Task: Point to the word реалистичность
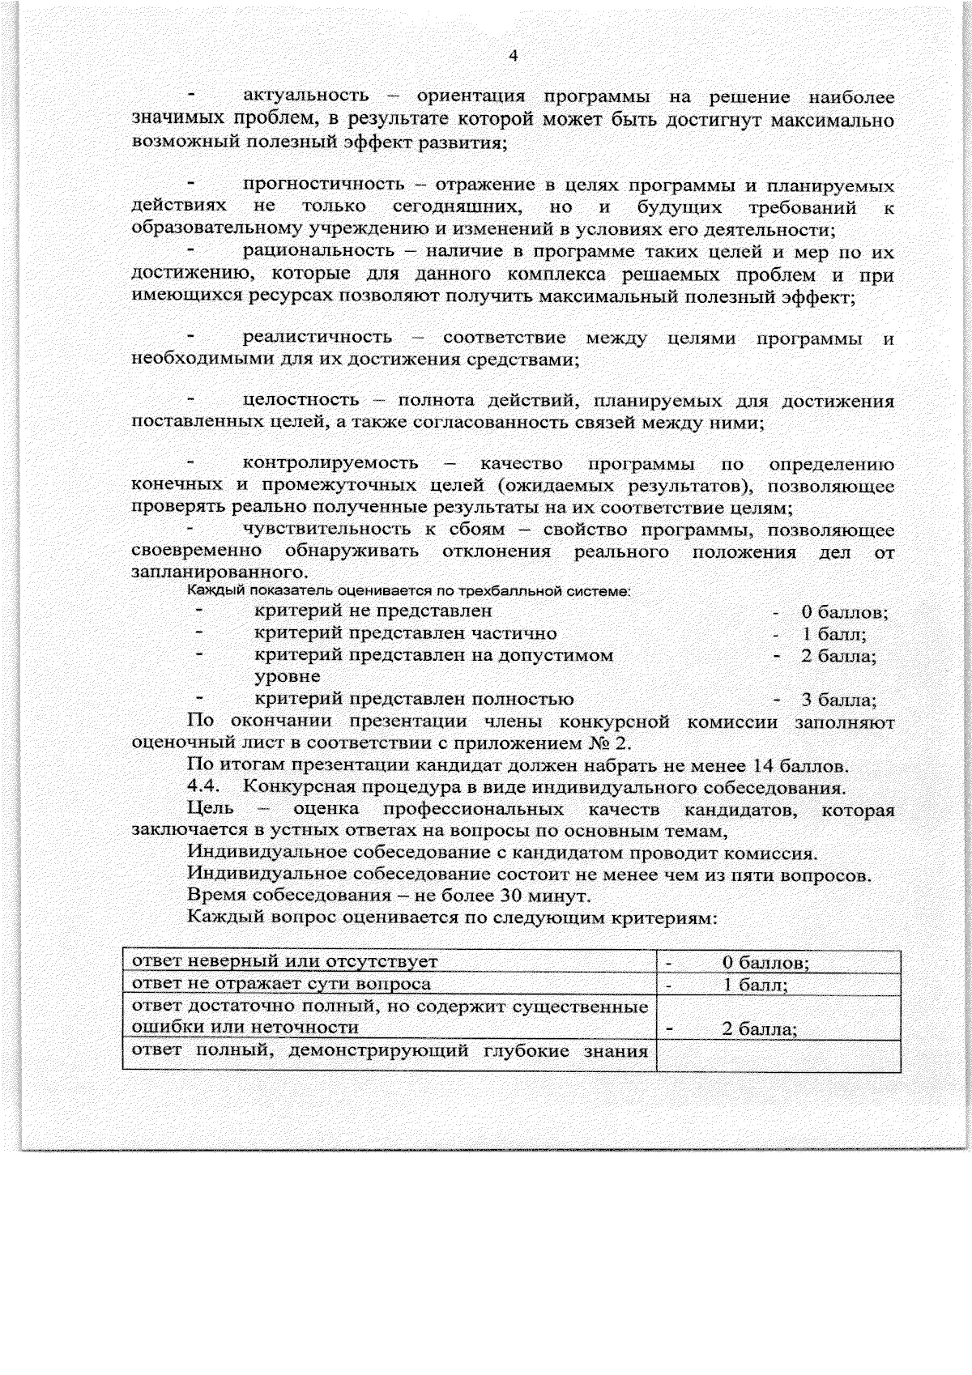point(317,338)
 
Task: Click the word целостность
point(301,401)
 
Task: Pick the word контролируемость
point(330,464)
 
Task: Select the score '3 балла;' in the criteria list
point(838,700)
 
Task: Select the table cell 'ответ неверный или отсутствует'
point(285,962)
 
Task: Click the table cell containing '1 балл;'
point(778,985)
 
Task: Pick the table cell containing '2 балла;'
point(778,1018)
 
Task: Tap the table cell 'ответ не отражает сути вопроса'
point(282,985)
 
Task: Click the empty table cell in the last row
point(778,1055)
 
